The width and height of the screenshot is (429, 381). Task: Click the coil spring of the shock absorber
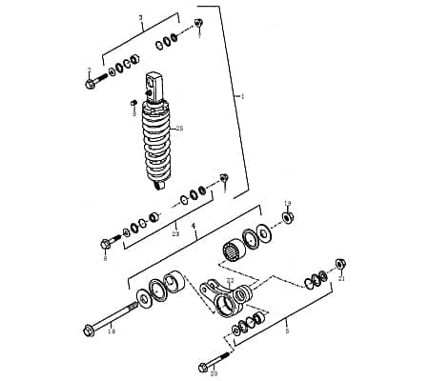[x=158, y=143]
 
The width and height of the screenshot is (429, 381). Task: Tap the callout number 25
[x=180, y=128]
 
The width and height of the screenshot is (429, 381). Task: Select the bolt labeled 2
[x=93, y=83]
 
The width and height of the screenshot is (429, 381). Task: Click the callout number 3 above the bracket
[x=140, y=18]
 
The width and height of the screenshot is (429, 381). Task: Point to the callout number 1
[x=242, y=96]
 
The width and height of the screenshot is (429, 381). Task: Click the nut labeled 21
[x=340, y=263]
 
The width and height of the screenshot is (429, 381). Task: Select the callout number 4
[x=194, y=227]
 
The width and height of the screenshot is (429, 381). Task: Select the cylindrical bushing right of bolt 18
[x=173, y=287]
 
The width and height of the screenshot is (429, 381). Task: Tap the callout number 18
[x=112, y=332]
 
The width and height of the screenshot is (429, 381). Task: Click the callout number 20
[x=214, y=373]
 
